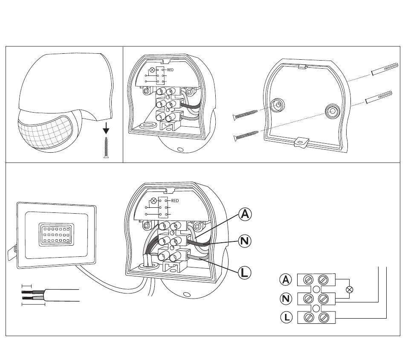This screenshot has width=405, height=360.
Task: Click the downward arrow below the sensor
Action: coord(106,128)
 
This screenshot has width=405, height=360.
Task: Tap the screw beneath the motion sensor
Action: coord(106,147)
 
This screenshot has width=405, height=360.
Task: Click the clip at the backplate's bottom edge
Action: coord(302,142)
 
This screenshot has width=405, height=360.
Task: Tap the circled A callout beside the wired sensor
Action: coord(244,214)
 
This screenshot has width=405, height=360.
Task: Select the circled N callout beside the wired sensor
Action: coord(244,241)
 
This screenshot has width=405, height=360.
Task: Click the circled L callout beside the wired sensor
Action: coord(244,272)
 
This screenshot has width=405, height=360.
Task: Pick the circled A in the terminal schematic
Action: coord(286,280)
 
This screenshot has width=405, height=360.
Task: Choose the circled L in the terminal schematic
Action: coord(286,317)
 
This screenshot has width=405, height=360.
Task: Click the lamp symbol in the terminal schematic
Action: coord(350,290)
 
